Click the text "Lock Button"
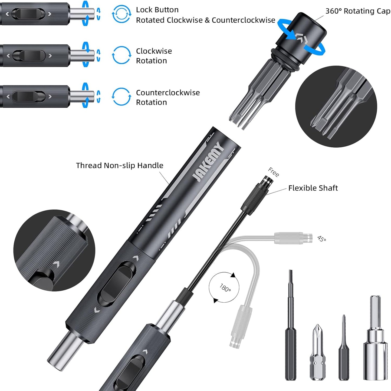[x=157, y=10]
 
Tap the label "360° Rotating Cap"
[x=357, y=11]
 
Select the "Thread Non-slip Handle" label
[x=120, y=165]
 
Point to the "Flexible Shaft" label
[x=313, y=188]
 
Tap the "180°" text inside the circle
[x=225, y=287]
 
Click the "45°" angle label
[x=321, y=239]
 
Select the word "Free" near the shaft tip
[x=273, y=172]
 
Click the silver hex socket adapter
[x=375, y=338]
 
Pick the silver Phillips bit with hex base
[x=317, y=352]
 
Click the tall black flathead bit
[x=291, y=324]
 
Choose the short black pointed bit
[x=344, y=349]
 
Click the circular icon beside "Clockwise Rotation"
[x=121, y=55]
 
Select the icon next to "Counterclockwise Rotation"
[x=121, y=97]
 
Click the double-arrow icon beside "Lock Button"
[x=121, y=14]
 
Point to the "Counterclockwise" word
[x=168, y=93]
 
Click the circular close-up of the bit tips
[x=336, y=107]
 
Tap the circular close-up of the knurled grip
[x=54, y=250]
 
